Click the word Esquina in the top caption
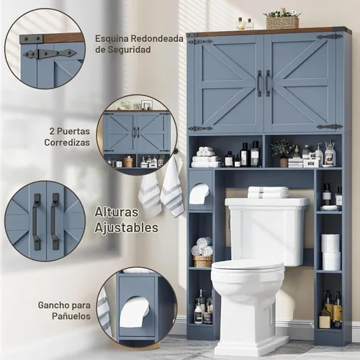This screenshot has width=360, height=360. (x=111, y=39)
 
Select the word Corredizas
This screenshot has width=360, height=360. (x=67, y=143)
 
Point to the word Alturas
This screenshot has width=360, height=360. (x=117, y=212)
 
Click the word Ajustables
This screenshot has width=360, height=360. (x=127, y=228)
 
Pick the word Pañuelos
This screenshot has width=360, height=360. (x=71, y=316)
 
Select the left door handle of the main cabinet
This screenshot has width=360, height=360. (x=259, y=84)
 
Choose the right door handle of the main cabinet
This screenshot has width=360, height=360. (x=268, y=84)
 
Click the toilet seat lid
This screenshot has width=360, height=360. (x=248, y=267)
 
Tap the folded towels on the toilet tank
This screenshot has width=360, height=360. (x=269, y=192)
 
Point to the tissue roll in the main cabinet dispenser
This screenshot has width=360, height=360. (x=199, y=194)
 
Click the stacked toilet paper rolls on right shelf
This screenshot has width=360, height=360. (x=330, y=252)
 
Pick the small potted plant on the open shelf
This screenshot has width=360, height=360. (x=282, y=152)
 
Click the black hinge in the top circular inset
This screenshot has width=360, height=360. (x=50, y=53)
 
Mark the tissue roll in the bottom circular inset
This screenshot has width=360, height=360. (x=134, y=312)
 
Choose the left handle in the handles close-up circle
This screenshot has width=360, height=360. (x=37, y=222)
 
